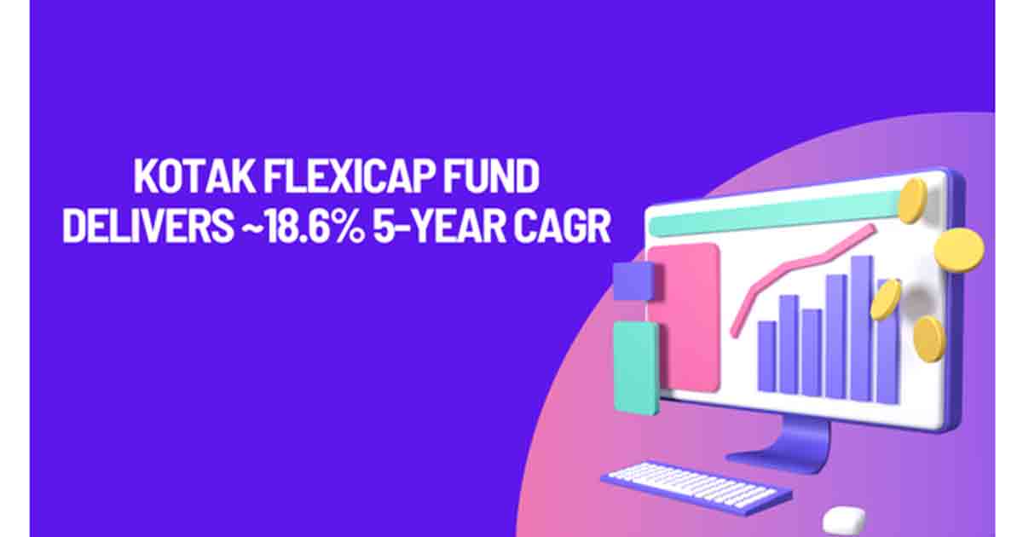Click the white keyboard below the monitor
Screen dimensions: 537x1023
click(695, 487)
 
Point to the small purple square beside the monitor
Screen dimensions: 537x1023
click(633, 280)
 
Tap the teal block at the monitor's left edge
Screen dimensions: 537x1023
click(636, 367)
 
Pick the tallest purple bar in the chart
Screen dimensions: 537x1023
click(861, 328)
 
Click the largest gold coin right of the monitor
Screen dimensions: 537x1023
click(958, 250)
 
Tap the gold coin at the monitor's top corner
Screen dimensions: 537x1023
click(912, 200)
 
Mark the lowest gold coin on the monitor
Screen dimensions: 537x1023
click(928, 338)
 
